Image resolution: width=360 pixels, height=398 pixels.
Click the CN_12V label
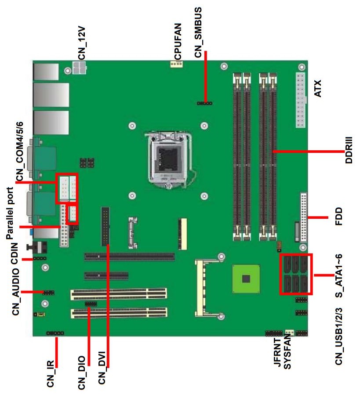(82, 43)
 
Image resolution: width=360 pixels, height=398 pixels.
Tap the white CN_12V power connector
(79, 68)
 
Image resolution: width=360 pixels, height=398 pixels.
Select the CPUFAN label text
(178, 41)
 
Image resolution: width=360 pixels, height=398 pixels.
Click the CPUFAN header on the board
(176, 64)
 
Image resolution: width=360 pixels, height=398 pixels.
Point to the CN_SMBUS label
(198, 32)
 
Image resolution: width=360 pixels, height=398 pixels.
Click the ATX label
(317, 88)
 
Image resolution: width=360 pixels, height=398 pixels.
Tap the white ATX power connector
(301, 100)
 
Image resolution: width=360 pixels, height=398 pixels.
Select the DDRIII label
(349, 150)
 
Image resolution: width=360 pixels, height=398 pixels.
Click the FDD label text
(338, 217)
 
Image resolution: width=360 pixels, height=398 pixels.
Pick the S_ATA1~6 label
(338, 275)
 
